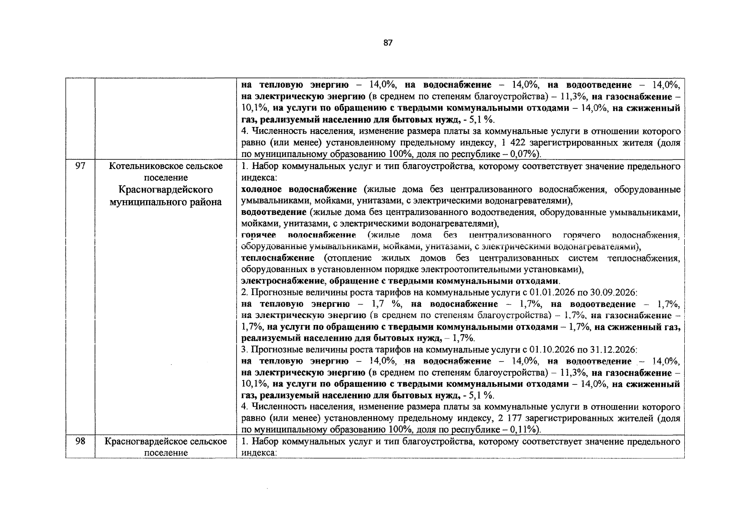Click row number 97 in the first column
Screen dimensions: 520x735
tap(80, 166)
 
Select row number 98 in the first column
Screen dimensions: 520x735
tap(80, 442)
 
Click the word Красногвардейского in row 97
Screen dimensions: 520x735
tap(166, 190)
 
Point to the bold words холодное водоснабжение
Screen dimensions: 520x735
tap(299, 190)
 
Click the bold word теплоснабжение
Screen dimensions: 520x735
tap(278, 258)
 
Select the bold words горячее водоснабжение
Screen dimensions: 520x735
tap(299, 235)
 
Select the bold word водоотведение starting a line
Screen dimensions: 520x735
tap(274, 212)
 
